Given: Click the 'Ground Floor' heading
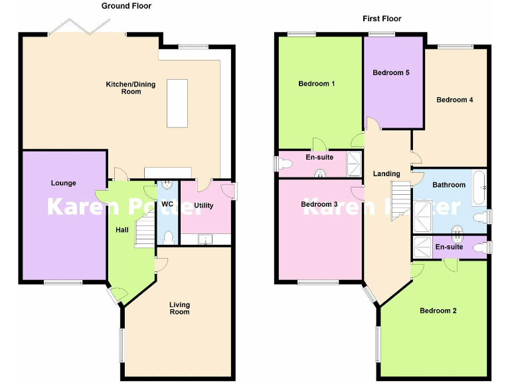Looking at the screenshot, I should coord(126,6).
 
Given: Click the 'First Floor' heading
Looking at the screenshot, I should coord(382,19).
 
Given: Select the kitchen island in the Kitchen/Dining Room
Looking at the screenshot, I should coord(177,103).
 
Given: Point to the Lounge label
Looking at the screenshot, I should coord(64,183).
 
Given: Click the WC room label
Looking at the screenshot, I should coord(167,204).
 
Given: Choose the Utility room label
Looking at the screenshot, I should coord(204,205).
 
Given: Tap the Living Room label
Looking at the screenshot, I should coord(179,309).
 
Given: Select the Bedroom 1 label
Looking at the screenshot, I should coord(317,84).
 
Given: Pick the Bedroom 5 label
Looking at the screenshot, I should coord(390,72).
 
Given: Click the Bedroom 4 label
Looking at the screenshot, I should coord(454,100).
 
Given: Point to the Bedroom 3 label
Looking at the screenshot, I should coord(319,204).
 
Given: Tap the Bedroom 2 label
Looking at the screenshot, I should coord(438,311).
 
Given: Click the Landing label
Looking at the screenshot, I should coord(386,174).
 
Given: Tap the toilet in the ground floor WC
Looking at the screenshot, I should coord(168,237).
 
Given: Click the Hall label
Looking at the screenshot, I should coord(122,230).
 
